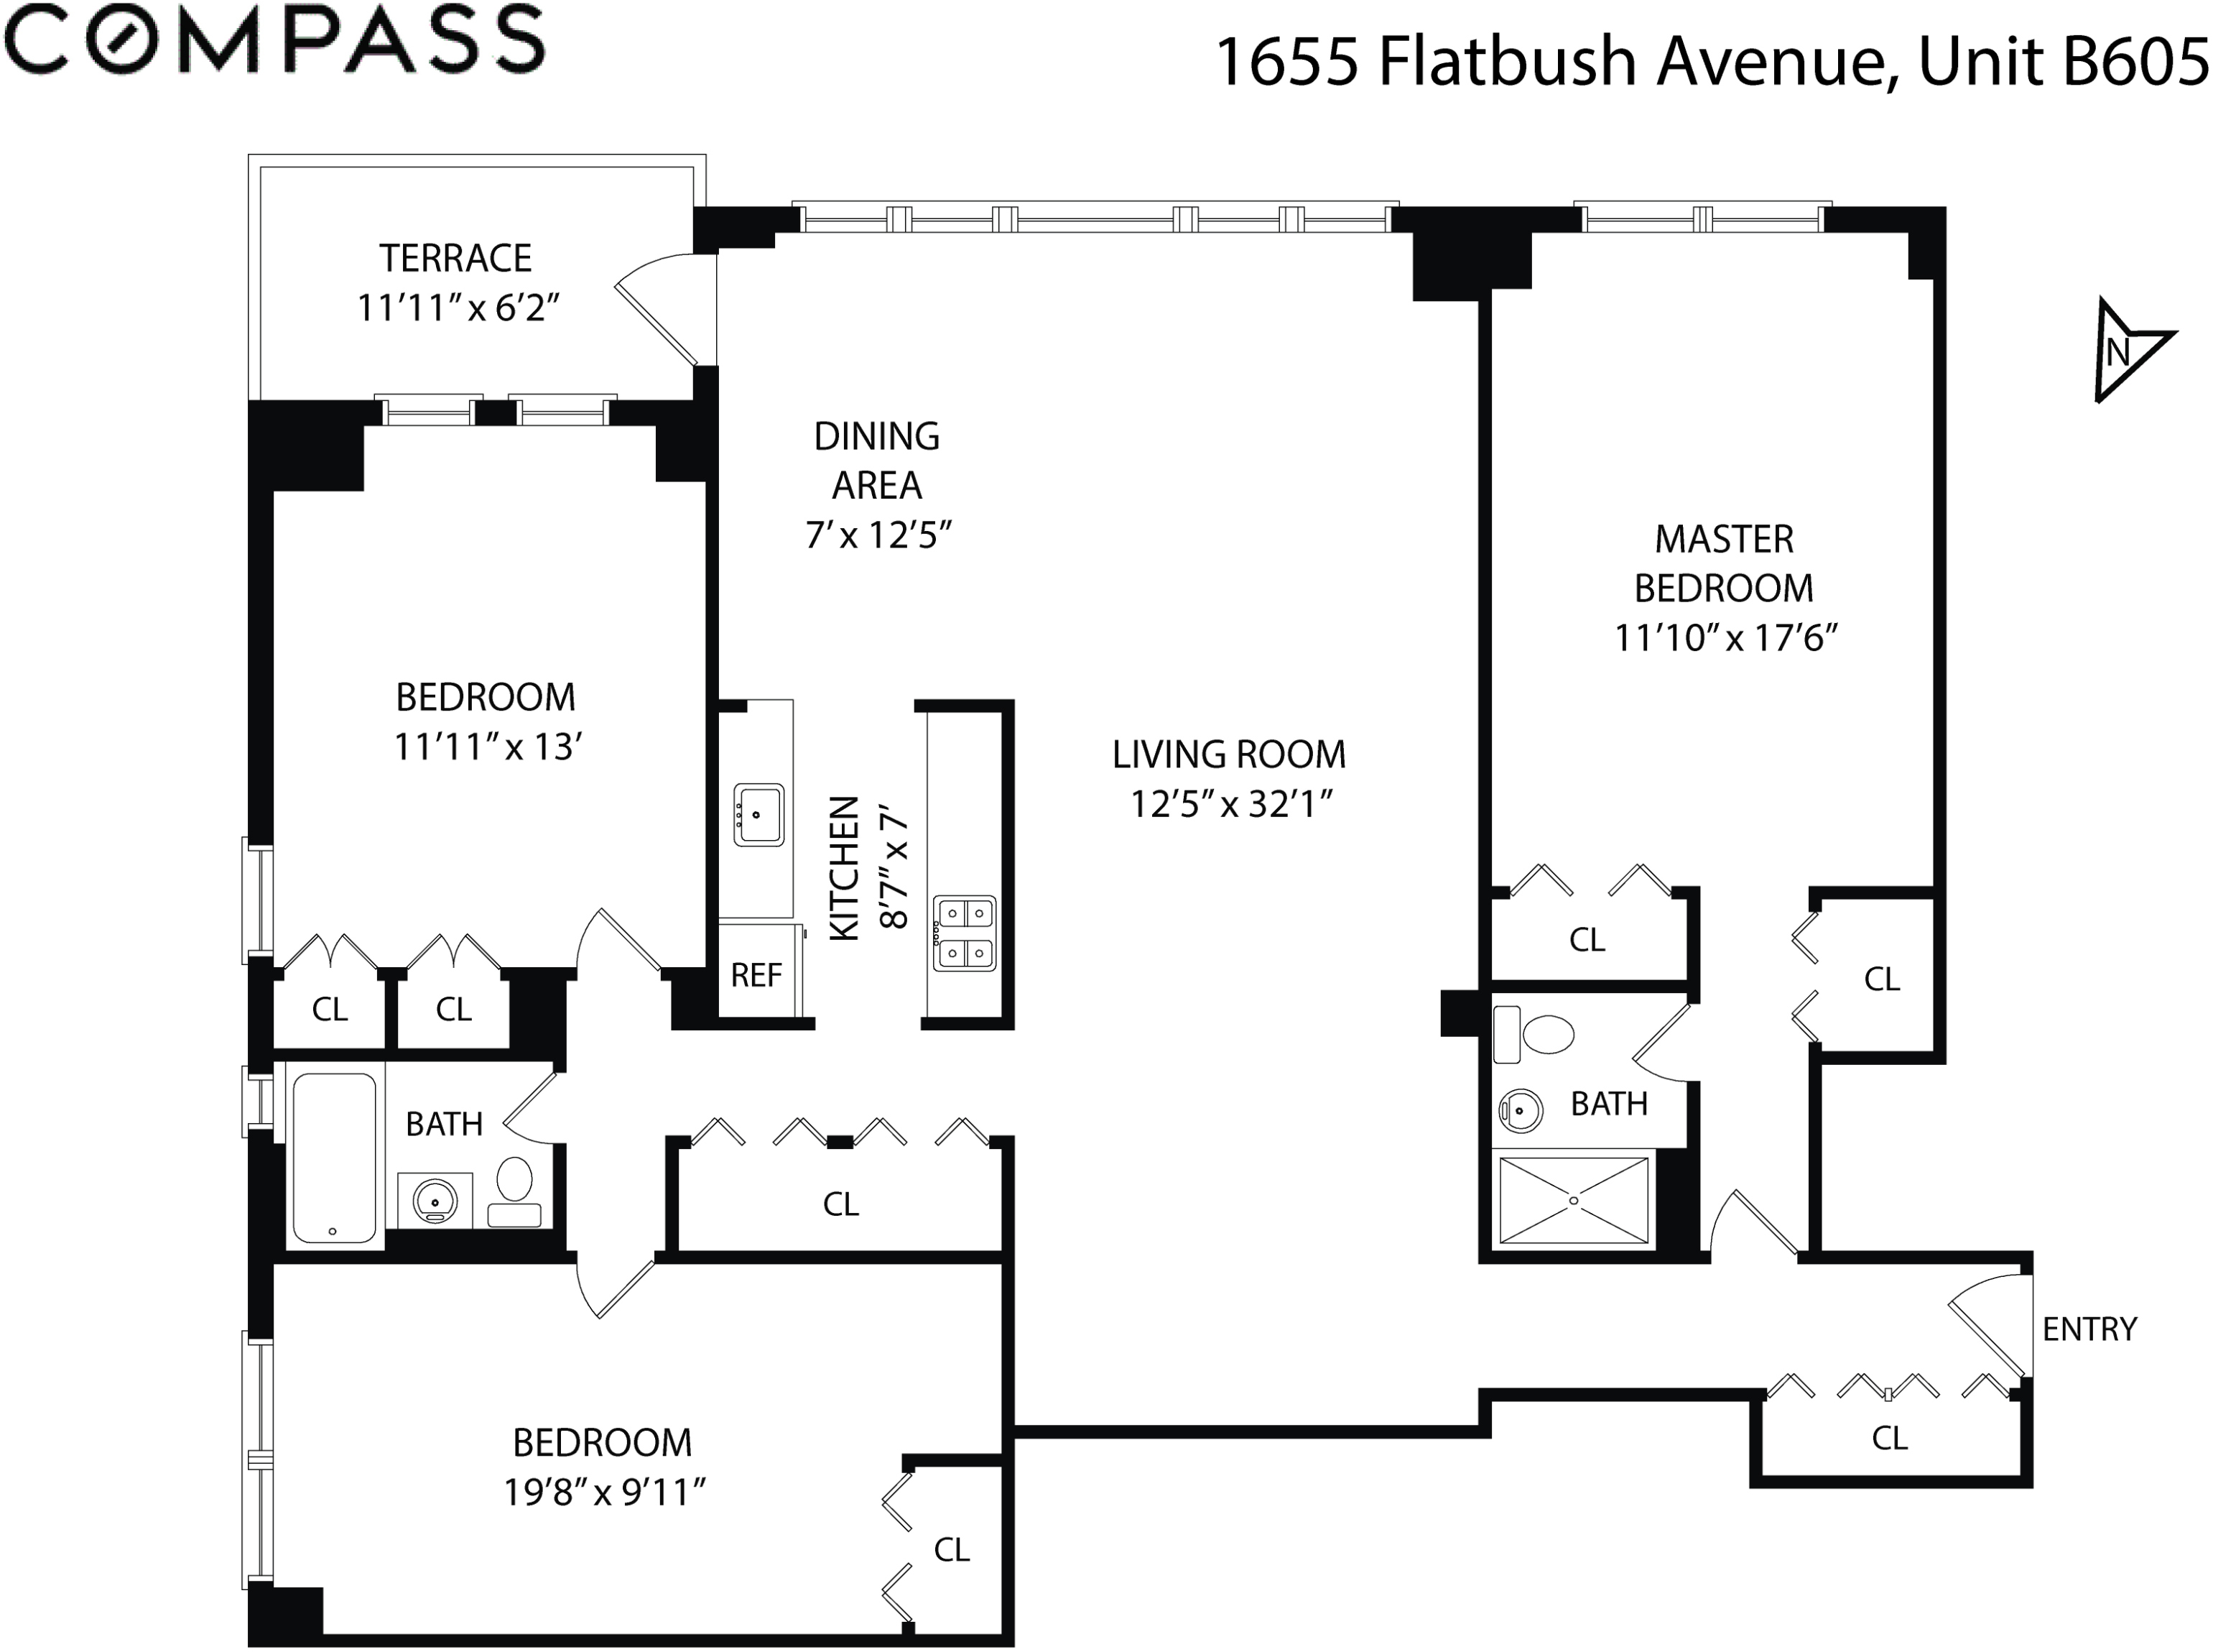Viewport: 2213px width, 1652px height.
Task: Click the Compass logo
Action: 274,40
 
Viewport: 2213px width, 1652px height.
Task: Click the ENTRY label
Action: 2089,1329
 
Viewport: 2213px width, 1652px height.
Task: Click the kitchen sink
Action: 758,814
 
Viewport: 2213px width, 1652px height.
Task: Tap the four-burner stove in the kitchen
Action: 965,932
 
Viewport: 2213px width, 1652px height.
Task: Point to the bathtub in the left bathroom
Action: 334,1157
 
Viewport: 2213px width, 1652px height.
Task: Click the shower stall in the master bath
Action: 1573,1200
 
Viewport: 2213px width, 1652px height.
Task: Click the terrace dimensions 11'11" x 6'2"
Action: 458,308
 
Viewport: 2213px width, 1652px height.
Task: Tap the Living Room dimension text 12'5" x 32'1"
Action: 1231,804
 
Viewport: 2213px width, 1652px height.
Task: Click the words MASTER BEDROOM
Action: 1725,563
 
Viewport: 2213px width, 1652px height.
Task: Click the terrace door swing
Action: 659,300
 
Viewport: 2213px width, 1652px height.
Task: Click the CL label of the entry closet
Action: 1889,1438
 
